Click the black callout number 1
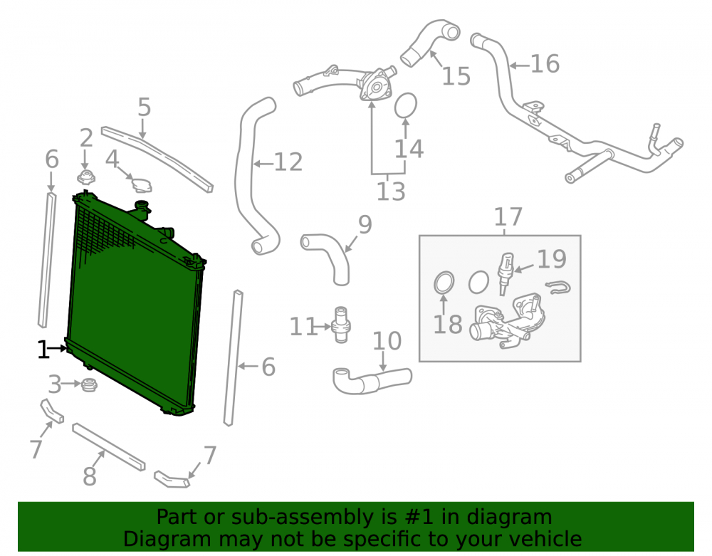tap(43, 350)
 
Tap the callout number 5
tap(144, 107)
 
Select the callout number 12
tap(288, 162)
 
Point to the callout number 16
tap(545, 63)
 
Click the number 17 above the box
tap(508, 217)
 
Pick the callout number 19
tap(552, 259)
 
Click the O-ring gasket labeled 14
tap(406, 105)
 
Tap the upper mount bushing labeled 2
tap(86, 177)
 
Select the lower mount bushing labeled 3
tap(89, 385)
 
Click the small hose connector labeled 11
tap(340, 325)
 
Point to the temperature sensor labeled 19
tap(505, 273)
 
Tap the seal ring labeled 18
tap(444, 283)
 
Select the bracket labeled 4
tap(142, 184)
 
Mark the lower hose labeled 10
tap(372, 380)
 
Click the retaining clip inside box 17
tap(557, 287)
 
